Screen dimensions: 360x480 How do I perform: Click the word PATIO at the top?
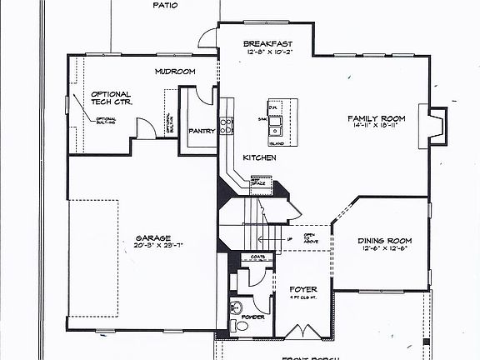point(165,5)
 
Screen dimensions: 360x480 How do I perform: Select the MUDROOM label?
point(174,72)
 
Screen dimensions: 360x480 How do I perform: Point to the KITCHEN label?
point(259,157)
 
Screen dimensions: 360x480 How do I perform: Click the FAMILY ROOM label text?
point(377,118)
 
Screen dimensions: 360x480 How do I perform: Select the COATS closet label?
point(257,257)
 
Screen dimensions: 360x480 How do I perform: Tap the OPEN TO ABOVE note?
point(308,239)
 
